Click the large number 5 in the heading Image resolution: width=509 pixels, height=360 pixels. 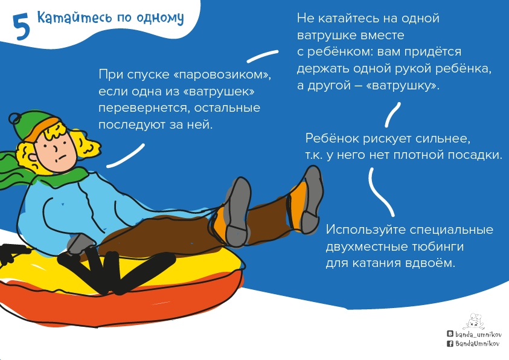21,28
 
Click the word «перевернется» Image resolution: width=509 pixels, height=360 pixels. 144,108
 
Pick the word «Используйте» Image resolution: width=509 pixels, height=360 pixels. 365,230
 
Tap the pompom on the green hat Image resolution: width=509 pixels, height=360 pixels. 15,118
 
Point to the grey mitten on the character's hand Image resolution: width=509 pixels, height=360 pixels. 80,244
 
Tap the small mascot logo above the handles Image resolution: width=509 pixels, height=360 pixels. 475,321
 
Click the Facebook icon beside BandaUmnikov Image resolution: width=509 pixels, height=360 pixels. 450,344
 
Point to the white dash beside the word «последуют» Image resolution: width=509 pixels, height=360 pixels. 126,156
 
